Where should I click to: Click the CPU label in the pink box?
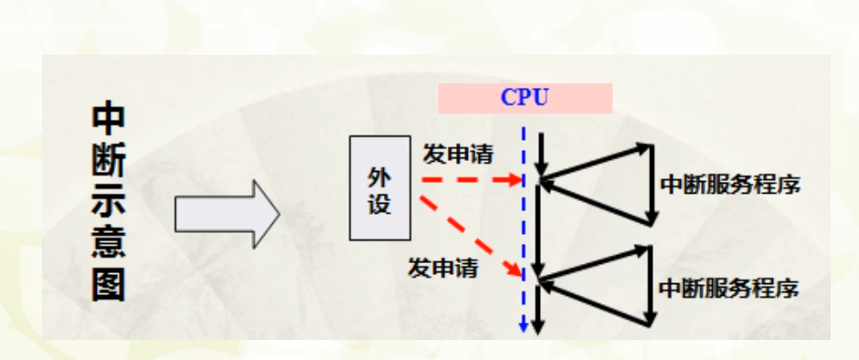(525, 98)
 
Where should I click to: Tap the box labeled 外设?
(380, 188)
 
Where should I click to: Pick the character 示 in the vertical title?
(108, 205)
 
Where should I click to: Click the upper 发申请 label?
(458, 154)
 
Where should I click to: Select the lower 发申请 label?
(443, 268)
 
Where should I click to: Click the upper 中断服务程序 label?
(730, 185)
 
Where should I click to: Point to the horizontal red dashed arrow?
(466, 180)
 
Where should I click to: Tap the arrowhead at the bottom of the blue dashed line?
(523, 327)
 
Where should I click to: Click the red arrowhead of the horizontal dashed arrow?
(514, 180)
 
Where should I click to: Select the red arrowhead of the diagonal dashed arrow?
(517, 270)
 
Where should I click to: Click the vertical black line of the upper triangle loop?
(651, 184)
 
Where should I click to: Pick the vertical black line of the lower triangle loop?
(650, 286)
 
